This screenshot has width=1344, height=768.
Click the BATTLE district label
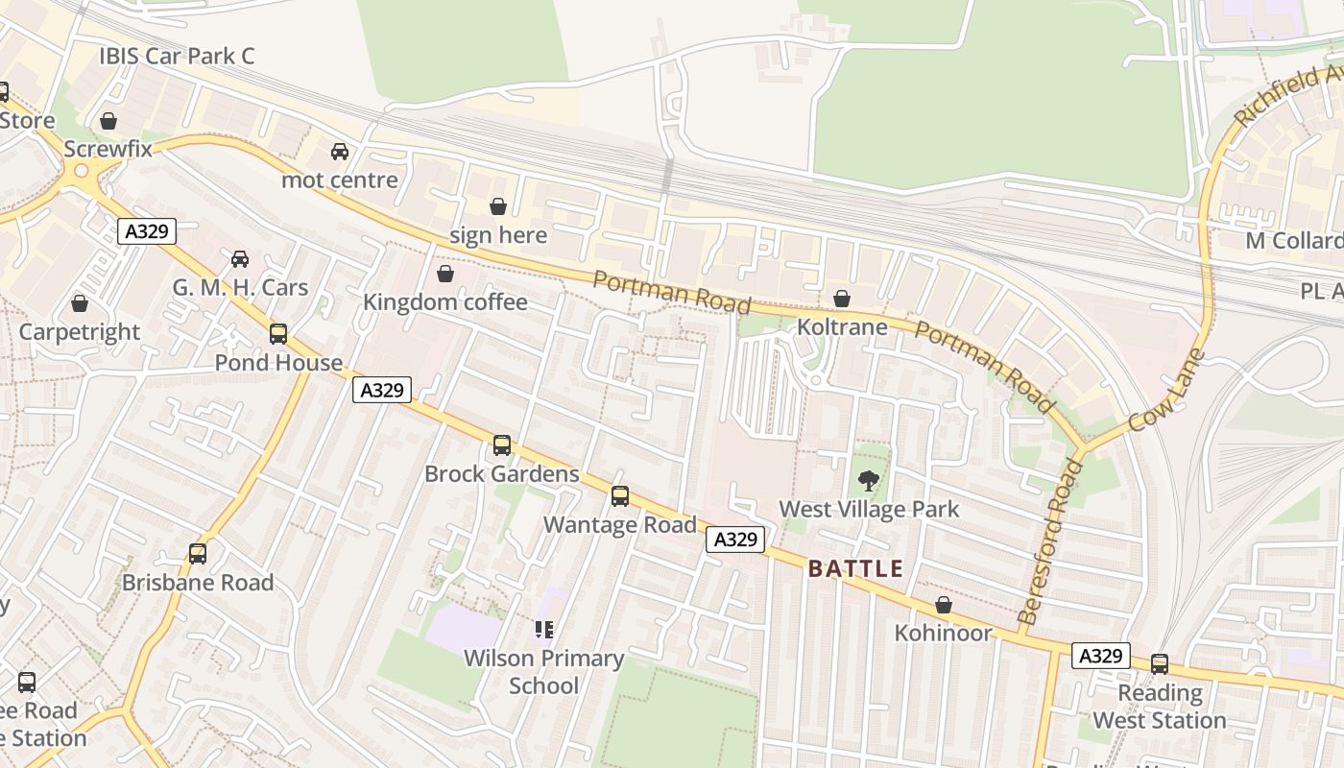[x=855, y=568]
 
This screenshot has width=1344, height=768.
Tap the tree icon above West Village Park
[x=868, y=480]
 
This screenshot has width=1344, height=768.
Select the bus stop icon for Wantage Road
[x=620, y=496]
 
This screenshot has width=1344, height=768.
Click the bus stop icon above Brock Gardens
[x=502, y=445]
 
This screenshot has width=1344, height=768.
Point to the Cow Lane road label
[x=1166, y=390]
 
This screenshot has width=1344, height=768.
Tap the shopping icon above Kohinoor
[x=944, y=605]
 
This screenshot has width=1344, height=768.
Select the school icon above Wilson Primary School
[x=544, y=630]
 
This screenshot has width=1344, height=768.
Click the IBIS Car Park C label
[x=177, y=56]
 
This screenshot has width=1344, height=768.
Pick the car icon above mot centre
[x=340, y=152]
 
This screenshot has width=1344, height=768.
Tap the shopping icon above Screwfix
[x=108, y=121]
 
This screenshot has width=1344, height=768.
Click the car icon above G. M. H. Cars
[x=240, y=259]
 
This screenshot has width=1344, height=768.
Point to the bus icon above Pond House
[x=278, y=334]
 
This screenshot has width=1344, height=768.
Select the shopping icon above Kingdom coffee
[x=445, y=275]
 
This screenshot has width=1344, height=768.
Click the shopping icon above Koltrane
[x=842, y=300]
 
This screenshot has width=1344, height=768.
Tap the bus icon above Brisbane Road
[x=198, y=554]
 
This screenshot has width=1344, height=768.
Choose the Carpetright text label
[x=80, y=332]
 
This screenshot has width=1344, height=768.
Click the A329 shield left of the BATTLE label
[x=736, y=540]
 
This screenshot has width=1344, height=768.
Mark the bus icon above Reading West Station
[x=1160, y=663]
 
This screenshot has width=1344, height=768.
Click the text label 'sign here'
[x=498, y=235]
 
